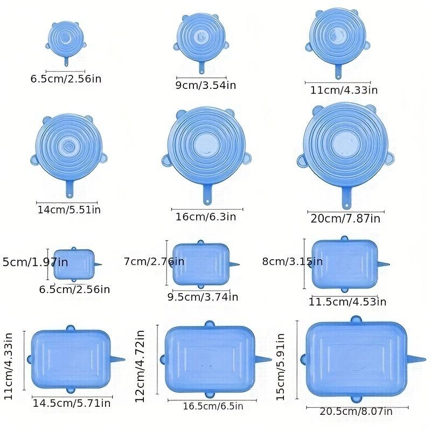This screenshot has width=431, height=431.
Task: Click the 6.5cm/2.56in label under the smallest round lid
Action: point(66,79)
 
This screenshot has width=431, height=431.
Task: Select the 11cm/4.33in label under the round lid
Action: point(344,89)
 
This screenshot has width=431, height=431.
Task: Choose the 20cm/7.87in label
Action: point(345,219)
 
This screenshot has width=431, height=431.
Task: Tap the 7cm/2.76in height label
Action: point(154,261)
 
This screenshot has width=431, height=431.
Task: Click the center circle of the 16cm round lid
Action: point(206,143)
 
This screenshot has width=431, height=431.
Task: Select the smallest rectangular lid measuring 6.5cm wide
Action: point(74,264)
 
